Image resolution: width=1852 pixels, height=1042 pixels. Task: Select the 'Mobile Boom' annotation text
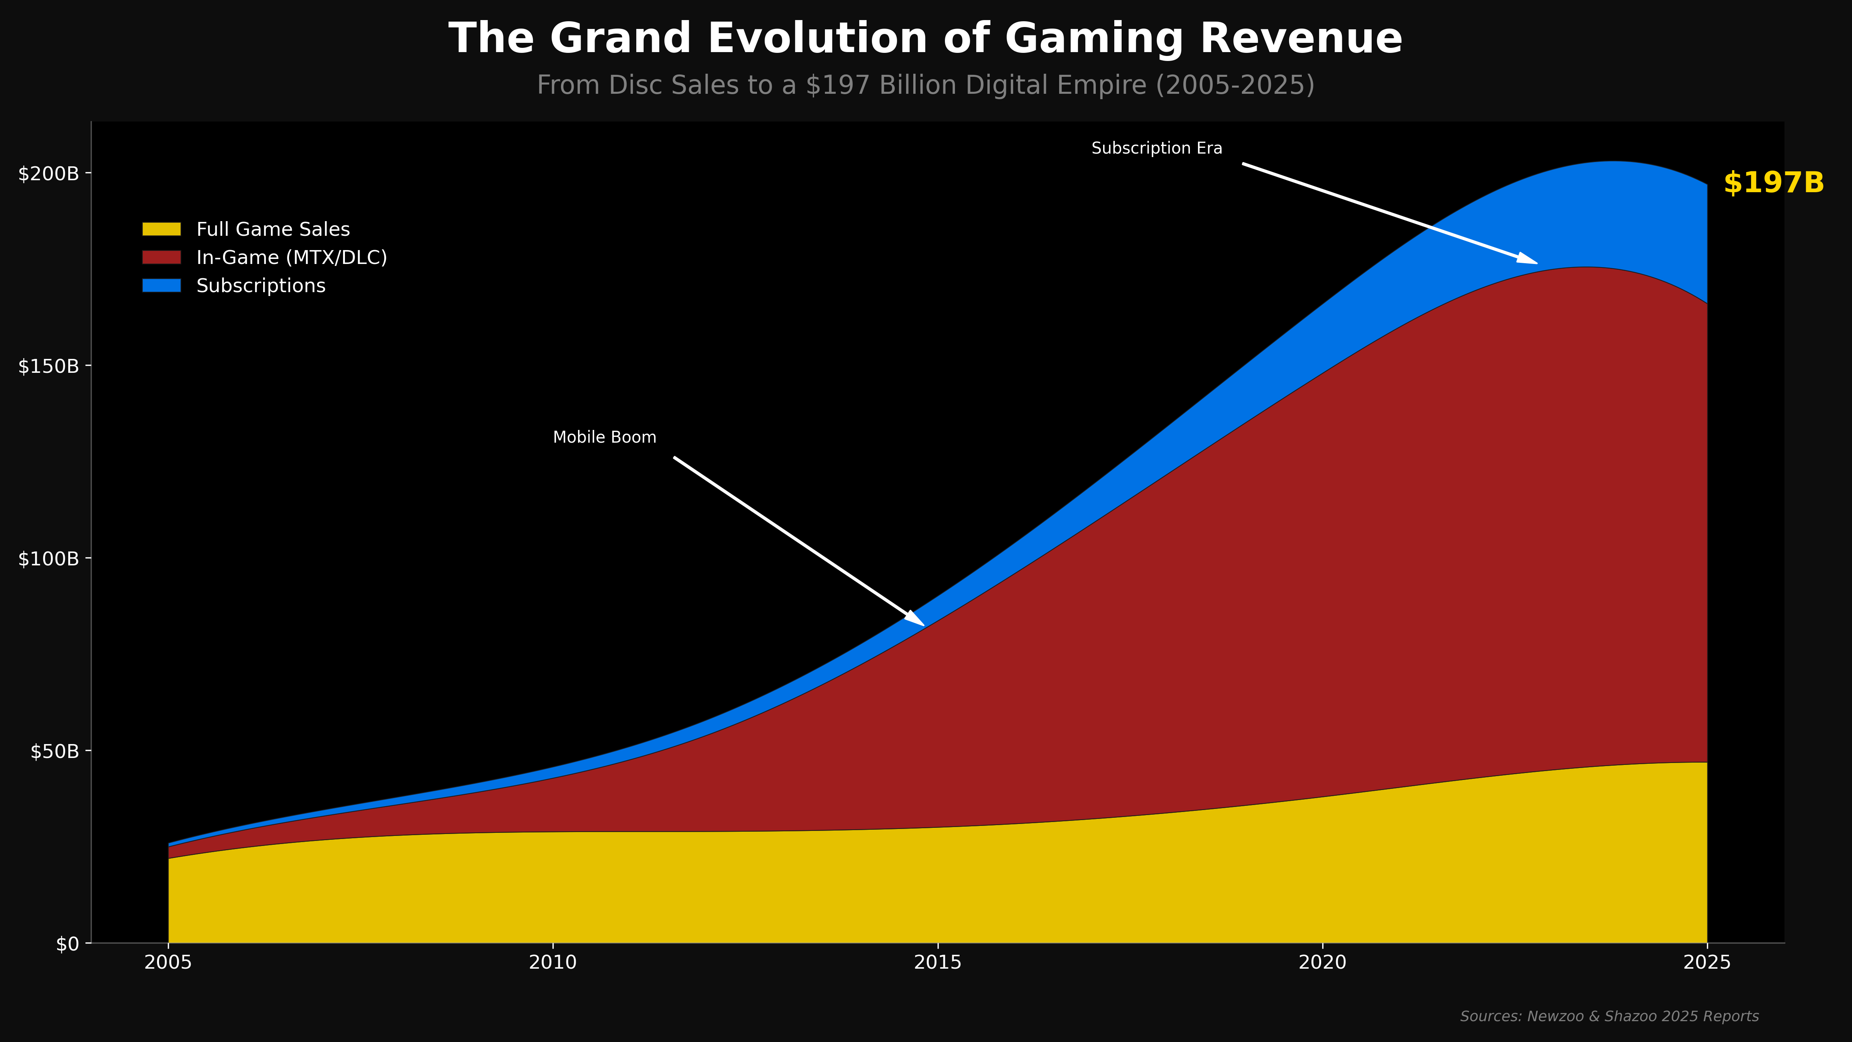pyautogui.click(x=604, y=437)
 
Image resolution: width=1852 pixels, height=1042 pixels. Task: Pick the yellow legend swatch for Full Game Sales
pyautogui.click(x=161, y=229)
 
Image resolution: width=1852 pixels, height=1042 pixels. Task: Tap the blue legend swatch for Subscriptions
pyautogui.click(x=161, y=286)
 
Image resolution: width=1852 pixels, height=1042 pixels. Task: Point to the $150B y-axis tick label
pyautogui.click(x=48, y=366)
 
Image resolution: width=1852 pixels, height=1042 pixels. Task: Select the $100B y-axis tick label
pyautogui.click(x=48, y=559)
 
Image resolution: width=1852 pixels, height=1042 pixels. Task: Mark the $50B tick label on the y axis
pyautogui.click(x=54, y=751)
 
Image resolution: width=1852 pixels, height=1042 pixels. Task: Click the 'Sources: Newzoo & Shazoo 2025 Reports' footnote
pyautogui.click(x=1609, y=1016)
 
